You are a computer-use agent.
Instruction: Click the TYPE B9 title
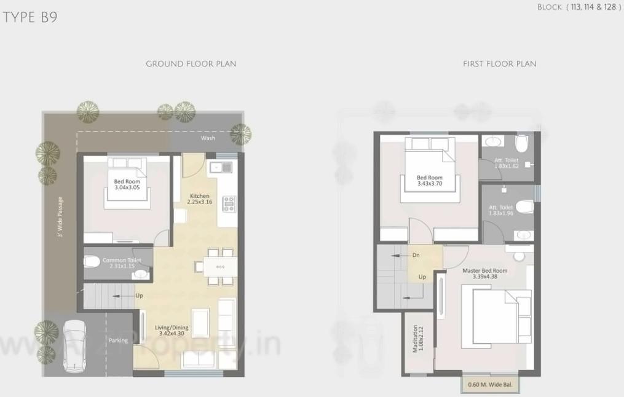click(x=30, y=17)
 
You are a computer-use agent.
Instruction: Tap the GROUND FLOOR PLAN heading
click(x=191, y=64)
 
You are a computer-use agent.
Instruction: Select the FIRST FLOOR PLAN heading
click(x=499, y=64)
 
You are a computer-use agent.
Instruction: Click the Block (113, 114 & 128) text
click(x=579, y=7)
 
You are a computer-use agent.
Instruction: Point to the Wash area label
click(x=208, y=138)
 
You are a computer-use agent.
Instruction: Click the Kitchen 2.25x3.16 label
click(x=200, y=198)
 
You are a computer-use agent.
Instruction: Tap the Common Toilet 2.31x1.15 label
click(x=122, y=263)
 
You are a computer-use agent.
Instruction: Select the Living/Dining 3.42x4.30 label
click(x=172, y=331)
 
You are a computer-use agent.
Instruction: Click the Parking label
click(x=119, y=340)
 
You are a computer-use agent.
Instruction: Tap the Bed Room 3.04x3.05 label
click(x=127, y=185)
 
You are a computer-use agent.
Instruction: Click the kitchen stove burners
click(x=229, y=203)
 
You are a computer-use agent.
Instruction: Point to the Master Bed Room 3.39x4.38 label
click(x=485, y=273)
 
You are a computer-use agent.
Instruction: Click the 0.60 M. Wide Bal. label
click(x=492, y=385)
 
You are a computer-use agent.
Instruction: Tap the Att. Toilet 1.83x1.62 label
click(x=507, y=163)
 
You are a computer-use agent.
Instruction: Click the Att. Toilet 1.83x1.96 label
click(x=500, y=210)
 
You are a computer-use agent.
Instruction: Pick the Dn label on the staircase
click(x=416, y=255)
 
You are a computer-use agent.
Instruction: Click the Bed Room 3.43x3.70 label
click(x=430, y=181)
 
